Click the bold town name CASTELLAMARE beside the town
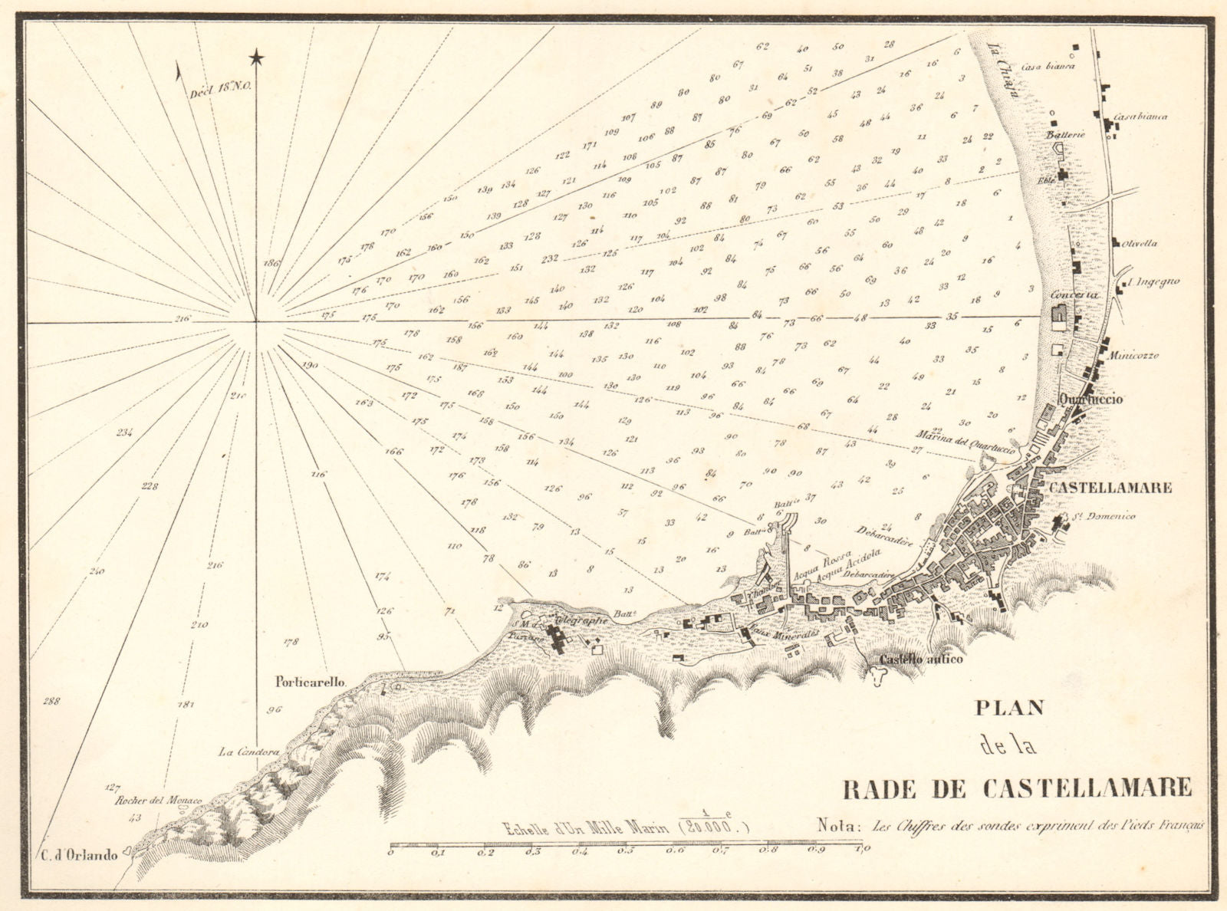pyautogui.click(x=1110, y=488)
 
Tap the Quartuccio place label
pyautogui.click(x=1091, y=400)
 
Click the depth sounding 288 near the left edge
pyautogui.click(x=51, y=701)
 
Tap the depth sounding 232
pyautogui.click(x=549, y=258)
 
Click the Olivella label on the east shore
pyautogui.click(x=1140, y=244)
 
